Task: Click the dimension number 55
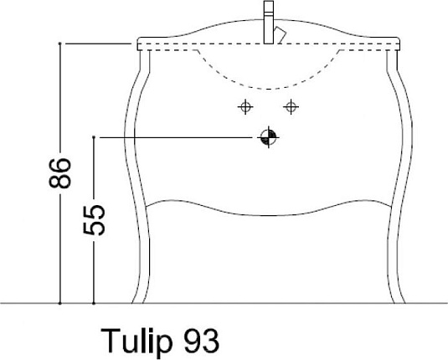[97, 219]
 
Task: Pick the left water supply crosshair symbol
[245, 106]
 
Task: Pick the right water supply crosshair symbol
[291, 106]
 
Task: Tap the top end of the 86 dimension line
[61, 42]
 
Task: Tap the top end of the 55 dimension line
[95, 136]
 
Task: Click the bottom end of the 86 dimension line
[61, 301]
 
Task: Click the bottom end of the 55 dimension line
[95, 301]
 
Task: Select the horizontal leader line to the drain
[176, 136]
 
